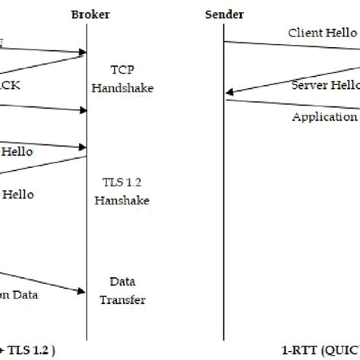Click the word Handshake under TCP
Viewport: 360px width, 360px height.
pos(122,87)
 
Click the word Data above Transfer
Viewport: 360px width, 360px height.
pos(122,281)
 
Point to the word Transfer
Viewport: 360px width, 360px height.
pos(122,299)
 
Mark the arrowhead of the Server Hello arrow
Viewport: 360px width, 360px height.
pos(228,93)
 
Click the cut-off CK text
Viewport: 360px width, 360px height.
pos(11,85)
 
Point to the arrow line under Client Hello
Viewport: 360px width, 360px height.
pos(289,50)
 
